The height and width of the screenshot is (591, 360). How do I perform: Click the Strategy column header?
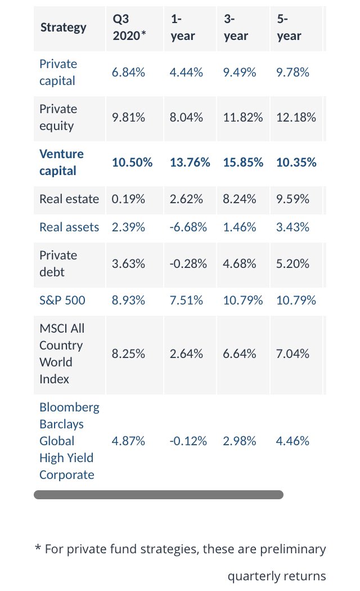(x=63, y=28)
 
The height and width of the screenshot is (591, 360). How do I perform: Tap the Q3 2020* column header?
(x=129, y=27)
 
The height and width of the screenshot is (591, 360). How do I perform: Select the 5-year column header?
(x=289, y=27)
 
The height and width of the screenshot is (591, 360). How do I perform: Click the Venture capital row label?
(x=61, y=163)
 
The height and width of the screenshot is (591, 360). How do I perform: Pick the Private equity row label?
(x=58, y=117)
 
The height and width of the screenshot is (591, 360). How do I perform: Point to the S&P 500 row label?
(x=62, y=301)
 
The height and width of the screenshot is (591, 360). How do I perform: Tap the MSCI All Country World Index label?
(x=61, y=353)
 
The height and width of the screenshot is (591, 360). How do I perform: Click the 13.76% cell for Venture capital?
(x=190, y=163)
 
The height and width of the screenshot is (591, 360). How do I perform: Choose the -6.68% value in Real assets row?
(x=188, y=227)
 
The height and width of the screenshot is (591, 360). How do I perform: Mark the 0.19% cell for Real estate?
(x=128, y=199)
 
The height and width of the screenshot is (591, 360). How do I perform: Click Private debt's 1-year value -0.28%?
(x=188, y=264)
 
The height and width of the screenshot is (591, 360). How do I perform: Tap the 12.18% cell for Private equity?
(x=296, y=118)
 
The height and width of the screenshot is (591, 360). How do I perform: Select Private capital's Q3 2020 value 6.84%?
(x=128, y=73)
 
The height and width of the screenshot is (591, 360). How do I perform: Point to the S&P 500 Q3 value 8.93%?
(x=128, y=301)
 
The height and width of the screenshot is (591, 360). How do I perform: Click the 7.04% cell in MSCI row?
(x=292, y=354)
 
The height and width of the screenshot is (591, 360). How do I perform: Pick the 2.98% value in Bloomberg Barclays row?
(x=239, y=441)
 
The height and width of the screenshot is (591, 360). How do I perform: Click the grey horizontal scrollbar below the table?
(x=159, y=495)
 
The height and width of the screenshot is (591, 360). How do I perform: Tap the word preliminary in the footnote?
(x=292, y=549)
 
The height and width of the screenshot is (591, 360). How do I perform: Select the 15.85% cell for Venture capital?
(x=243, y=163)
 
